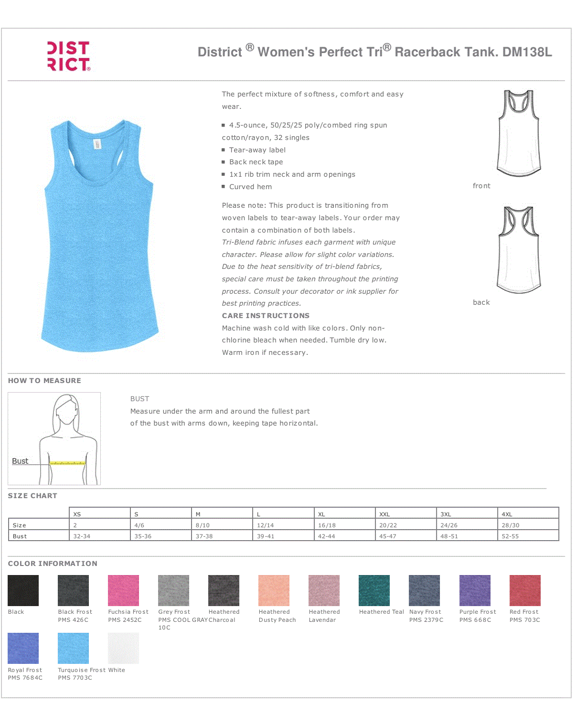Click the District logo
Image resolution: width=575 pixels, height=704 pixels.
pos(69,56)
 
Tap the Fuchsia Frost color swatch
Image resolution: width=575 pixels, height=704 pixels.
pos(123,590)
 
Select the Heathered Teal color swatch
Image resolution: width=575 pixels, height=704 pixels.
pos(374,590)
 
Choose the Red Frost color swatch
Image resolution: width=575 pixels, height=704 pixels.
pos(525,590)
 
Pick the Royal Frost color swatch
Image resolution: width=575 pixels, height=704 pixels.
pos(23,648)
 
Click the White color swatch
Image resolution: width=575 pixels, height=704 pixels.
pos(123,648)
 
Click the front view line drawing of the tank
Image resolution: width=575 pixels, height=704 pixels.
pos(519,133)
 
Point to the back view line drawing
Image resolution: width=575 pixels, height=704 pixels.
pos(519,250)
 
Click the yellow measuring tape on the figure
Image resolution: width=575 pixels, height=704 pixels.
pos(68,463)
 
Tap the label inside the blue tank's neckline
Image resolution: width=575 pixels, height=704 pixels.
pos(97,144)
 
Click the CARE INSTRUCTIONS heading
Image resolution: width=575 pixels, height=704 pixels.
pos(266,316)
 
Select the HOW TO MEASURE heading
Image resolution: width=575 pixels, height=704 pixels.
pos(44,381)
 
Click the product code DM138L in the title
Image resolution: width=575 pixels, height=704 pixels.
pos(527,52)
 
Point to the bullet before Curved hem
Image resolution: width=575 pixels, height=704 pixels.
pos(223,186)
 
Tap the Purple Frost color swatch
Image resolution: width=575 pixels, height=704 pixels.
pos(475,590)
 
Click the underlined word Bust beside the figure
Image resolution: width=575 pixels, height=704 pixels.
pos(20,461)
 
